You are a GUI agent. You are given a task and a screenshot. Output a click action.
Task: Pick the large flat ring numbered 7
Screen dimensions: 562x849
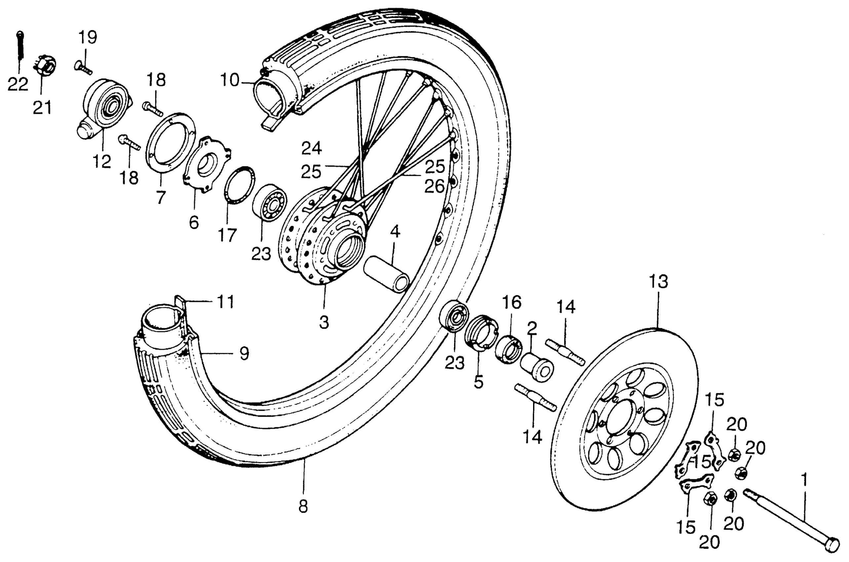(171, 143)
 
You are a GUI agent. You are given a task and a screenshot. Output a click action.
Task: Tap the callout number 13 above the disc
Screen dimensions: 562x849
(659, 282)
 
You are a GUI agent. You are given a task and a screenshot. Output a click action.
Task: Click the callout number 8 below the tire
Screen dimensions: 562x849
(303, 506)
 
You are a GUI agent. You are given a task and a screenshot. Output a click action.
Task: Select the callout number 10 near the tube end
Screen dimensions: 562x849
(229, 80)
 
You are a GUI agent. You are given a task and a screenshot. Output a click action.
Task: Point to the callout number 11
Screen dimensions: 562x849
(226, 302)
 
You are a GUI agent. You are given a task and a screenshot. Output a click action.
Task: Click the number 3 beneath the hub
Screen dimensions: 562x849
(324, 322)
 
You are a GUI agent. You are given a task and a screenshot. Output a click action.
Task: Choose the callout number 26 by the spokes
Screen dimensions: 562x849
(435, 186)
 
